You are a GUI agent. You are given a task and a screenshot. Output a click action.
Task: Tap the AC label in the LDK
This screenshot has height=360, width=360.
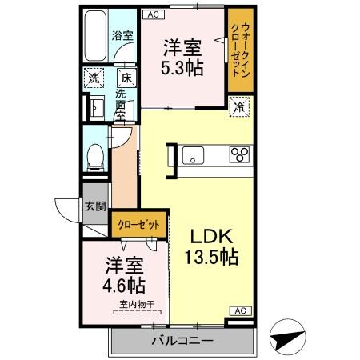238,310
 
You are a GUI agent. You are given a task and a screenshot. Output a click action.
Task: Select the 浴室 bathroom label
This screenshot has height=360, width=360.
122,35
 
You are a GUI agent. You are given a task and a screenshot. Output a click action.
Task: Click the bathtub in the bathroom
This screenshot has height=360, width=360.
96,38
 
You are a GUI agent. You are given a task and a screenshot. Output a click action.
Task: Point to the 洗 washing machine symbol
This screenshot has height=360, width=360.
94,78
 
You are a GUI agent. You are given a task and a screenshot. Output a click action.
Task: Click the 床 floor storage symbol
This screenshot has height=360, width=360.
126,78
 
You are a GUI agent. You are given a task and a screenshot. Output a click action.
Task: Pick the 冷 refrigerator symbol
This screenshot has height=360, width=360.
238,106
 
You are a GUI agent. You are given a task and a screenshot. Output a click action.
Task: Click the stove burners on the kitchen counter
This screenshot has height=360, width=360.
239,154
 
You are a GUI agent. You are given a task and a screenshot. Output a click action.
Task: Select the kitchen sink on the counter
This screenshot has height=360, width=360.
195,154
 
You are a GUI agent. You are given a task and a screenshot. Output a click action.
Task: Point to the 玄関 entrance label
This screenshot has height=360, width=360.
95,206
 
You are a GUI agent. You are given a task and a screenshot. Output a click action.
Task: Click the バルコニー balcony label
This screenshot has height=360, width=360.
182,342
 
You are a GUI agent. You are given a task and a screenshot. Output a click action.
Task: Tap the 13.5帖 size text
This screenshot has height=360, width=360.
210,258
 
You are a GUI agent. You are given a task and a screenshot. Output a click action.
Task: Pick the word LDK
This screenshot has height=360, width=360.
210,237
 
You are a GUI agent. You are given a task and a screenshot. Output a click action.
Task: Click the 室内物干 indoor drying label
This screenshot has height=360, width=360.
137,303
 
